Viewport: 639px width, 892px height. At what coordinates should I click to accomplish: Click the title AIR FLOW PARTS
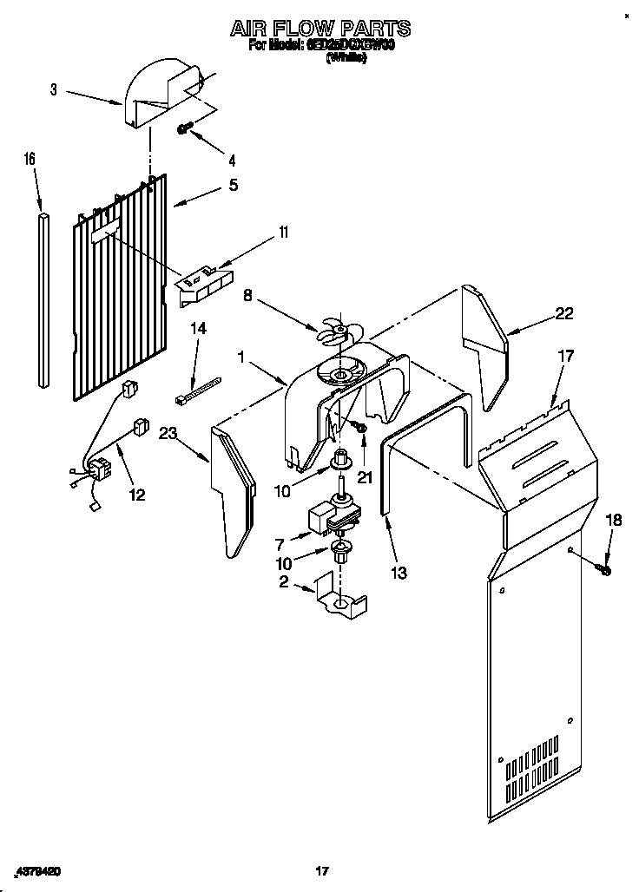(319, 29)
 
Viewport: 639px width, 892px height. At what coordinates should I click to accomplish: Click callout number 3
(53, 89)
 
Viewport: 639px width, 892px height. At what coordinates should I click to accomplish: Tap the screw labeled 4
(184, 128)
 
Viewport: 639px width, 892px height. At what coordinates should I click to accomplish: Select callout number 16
(30, 159)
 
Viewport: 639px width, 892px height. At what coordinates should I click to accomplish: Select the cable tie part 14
(197, 389)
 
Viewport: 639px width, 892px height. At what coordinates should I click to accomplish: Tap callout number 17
(565, 355)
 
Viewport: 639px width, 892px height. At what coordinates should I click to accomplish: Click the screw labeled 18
(605, 569)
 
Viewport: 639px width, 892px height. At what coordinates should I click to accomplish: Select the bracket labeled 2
(339, 600)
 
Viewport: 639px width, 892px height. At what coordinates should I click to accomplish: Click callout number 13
(399, 573)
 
